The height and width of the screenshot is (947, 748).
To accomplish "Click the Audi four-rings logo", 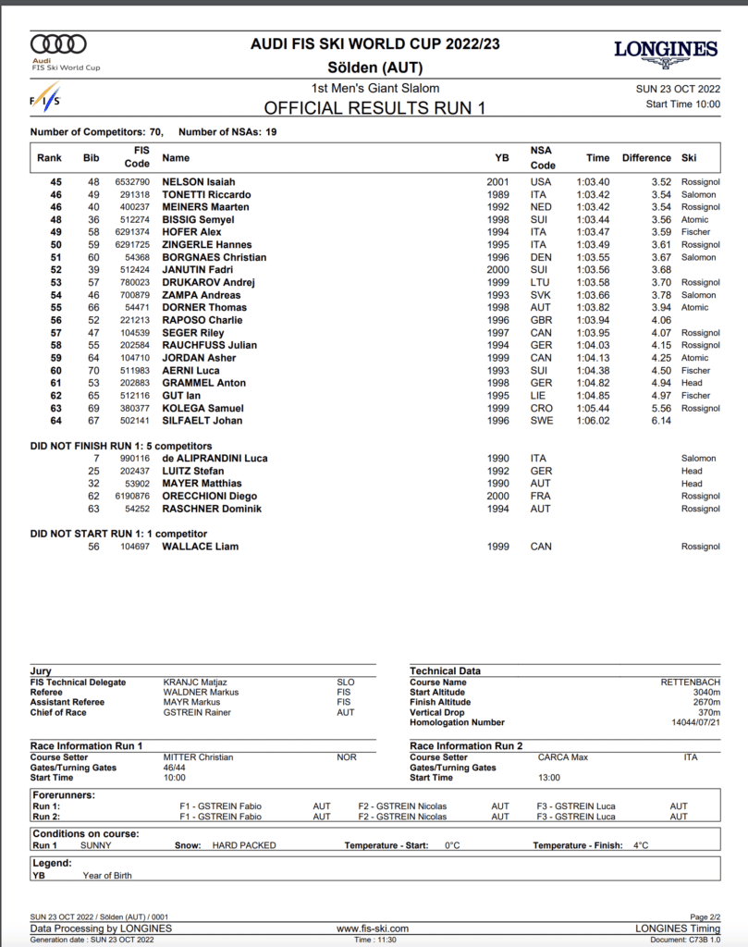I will point(58,43).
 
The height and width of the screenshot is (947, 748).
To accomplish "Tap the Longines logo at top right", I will point(666,50).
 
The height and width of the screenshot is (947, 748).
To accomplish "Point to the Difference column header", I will point(646,158).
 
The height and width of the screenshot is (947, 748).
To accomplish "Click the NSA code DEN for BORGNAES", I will point(540,257).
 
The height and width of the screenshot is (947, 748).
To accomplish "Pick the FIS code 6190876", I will point(131,496).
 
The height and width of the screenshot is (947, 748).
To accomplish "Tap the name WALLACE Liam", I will point(201,547).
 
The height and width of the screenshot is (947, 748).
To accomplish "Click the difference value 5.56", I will point(660,408).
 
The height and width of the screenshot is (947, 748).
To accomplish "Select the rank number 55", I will point(55,307).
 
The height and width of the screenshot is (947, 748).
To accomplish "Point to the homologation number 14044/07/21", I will point(694,722).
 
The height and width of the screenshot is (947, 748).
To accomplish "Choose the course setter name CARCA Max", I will point(563,757).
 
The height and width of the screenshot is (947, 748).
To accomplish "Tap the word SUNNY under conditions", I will point(96,845).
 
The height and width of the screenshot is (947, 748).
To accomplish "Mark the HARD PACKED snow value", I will point(244,845).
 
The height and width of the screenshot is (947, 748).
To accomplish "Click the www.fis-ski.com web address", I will point(373,929).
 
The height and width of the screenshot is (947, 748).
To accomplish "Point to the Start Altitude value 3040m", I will point(705,693).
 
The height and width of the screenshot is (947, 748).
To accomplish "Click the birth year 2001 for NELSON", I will point(497,182).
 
